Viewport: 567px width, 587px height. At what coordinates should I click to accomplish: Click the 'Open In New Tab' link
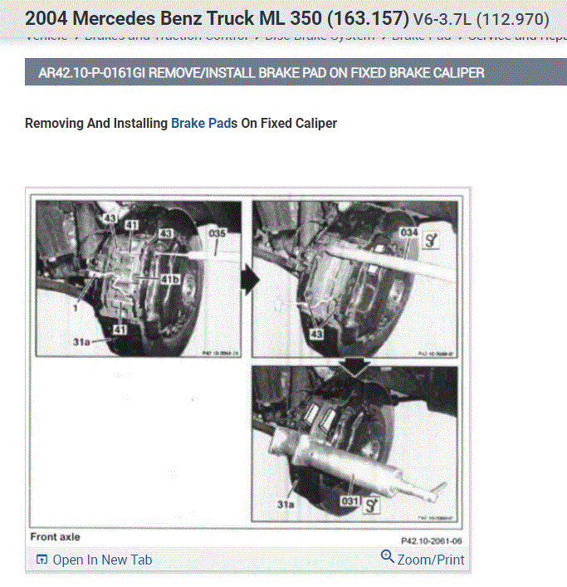[102, 560]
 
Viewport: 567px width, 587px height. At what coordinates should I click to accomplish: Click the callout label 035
[218, 234]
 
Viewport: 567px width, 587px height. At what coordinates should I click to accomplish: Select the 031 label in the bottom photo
[349, 501]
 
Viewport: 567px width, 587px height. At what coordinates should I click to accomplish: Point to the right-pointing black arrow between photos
[248, 280]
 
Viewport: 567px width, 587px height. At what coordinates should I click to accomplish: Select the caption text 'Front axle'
[56, 537]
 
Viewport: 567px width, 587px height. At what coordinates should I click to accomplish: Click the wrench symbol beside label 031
[371, 502]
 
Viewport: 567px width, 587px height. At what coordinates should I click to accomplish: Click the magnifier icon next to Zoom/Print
[388, 557]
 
